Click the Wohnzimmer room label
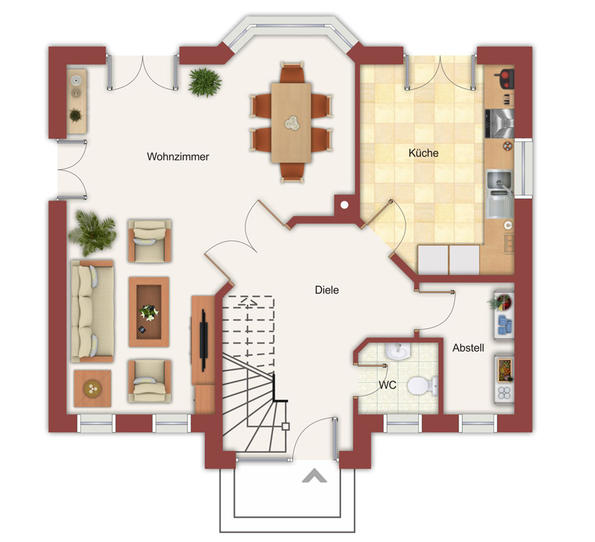click(x=178, y=156)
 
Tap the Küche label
click(x=423, y=153)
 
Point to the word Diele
click(x=327, y=290)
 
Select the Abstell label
click(x=468, y=347)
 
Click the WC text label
click(x=388, y=385)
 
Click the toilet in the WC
click(x=422, y=386)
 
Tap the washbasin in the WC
click(x=398, y=351)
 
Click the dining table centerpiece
click(x=292, y=123)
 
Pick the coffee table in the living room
click(x=149, y=312)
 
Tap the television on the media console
click(x=204, y=340)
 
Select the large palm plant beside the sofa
click(x=92, y=233)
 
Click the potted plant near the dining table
click(x=205, y=82)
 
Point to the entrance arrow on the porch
click(x=314, y=476)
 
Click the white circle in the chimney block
click(x=345, y=205)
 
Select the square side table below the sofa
click(x=93, y=388)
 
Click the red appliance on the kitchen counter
click(x=505, y=79)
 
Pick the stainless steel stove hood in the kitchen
click(x=500, y=123)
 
